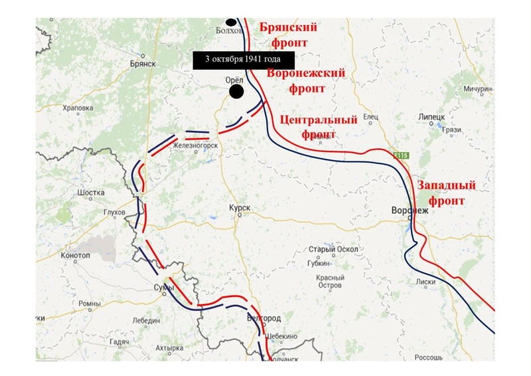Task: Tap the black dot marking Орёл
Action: (x=235, y=91)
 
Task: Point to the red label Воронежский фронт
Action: (x=306, y=80)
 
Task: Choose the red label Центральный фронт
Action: (x=319, y=127)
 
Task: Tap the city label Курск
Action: (x=240, y=208)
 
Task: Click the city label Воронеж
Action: (x=410, y=210)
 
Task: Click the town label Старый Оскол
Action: (x=325, y=249)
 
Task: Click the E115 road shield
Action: (x=400, y=155)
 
